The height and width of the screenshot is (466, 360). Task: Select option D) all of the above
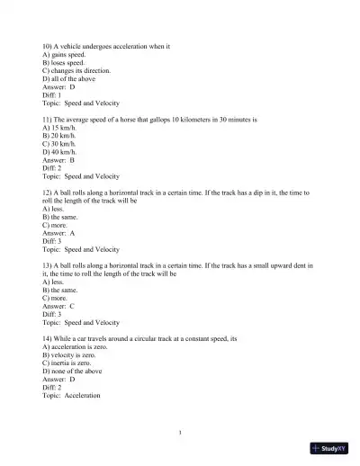tap(68, 78)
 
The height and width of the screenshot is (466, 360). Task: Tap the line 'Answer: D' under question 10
tap(59, 87)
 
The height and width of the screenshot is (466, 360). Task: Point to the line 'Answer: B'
tap(59, 160)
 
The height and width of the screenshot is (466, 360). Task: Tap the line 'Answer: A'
tap(59, 233)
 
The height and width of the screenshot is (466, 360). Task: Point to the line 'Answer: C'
tap(59, 306)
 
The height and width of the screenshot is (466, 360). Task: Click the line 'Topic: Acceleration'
tap(71, 395)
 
